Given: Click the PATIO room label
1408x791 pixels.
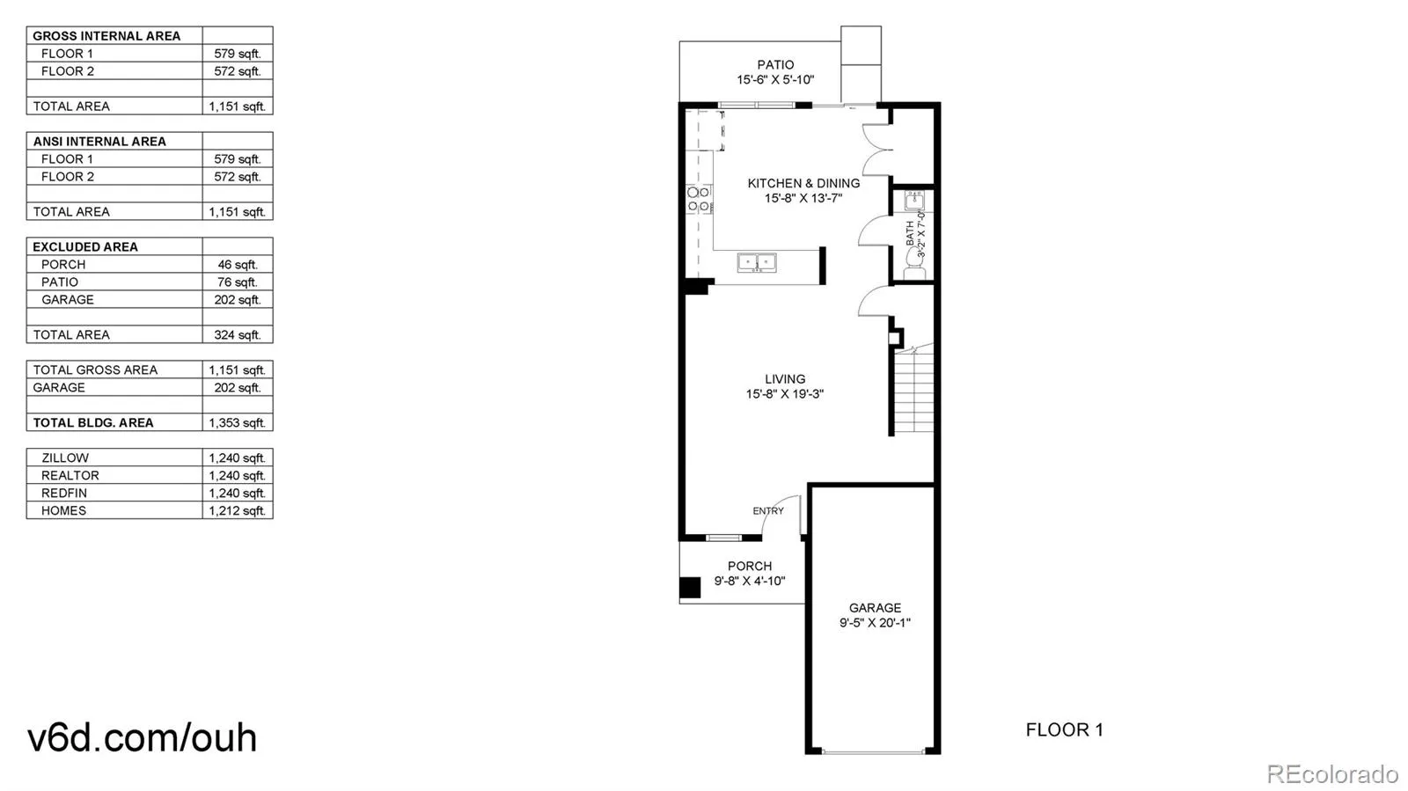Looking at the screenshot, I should (x=775, y=64).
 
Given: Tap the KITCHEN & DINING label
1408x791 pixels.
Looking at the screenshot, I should (x=803, y=183).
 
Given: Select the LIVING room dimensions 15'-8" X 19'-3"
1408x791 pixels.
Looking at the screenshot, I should (x=784, y=394).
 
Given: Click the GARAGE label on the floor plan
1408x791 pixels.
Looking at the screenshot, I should (x=875, y=607).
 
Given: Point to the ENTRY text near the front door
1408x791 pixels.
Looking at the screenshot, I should (x=767, y=510).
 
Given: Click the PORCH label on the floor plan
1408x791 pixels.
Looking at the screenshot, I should (x=750, y=566).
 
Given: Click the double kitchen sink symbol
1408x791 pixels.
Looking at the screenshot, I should (x=757, y=261).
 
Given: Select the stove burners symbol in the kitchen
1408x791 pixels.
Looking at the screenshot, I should (x=699, y=199).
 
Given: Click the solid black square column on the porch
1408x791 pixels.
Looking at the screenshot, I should (x=690, y=588).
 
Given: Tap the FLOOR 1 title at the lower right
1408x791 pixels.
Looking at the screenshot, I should (x=1064, y=729).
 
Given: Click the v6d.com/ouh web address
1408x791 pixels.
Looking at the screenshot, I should (x=142, y=737).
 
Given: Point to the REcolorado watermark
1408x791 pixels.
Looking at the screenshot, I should (x=1331, y=774).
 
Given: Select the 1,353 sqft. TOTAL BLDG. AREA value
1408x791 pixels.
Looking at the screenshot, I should (x=237, y=422).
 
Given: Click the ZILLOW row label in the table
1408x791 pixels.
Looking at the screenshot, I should (x=65, y=458).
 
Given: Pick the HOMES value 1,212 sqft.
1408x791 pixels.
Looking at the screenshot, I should (x=237, y=510).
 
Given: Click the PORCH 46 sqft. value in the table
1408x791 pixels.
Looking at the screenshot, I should (x=237, y=264).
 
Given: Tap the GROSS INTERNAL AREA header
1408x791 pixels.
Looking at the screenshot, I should (x=106, y=35).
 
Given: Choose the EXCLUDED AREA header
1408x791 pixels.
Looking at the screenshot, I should (x=85, y=246).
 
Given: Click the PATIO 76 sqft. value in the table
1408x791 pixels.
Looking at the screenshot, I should (x=237, y=282).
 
